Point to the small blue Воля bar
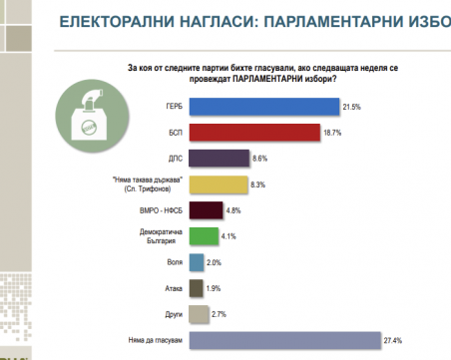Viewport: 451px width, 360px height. point(196,262)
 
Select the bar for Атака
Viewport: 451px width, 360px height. point(196,289)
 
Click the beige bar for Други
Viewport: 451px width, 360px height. point(199,315)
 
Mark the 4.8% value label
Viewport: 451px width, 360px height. point(233,210)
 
